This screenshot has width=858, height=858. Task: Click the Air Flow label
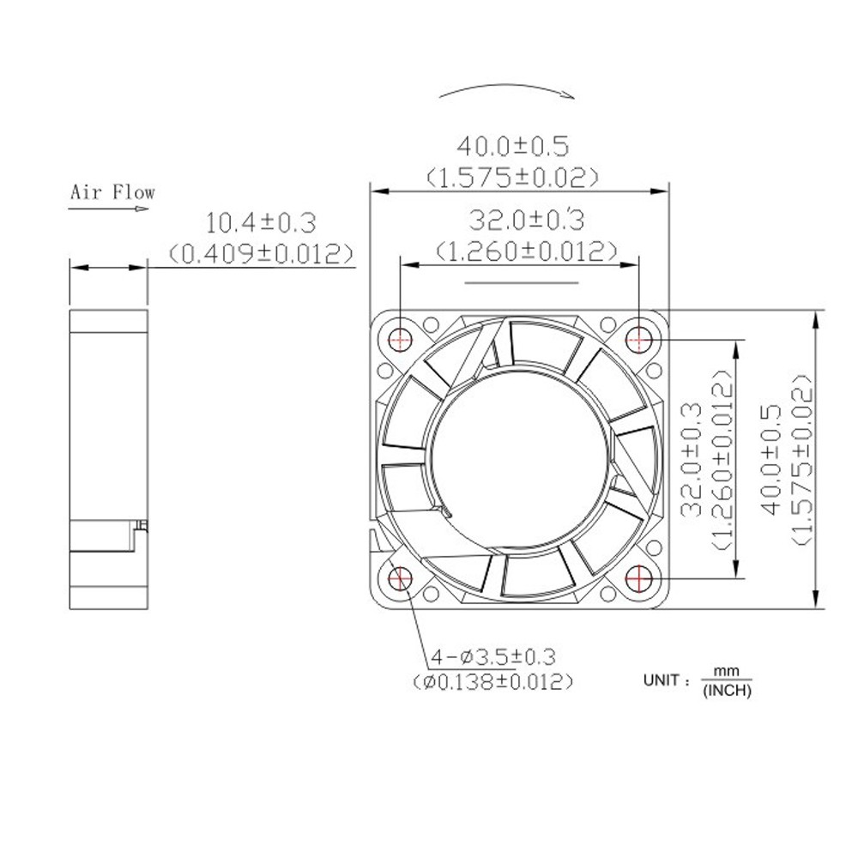click(x=112, y=191)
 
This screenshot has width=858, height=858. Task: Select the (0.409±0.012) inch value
click(x=262, y=253)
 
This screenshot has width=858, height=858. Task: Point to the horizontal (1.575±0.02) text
click(x=512, y=178)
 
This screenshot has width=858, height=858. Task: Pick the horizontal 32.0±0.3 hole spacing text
click(x=526, y=221)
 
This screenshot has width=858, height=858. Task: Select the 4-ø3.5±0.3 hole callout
click(x=494, y=657)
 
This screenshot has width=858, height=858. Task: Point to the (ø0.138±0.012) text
click(x=493, y=683)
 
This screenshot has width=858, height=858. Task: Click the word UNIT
click(x=664, y=680)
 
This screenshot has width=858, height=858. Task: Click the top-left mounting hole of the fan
click(x=400, y=339)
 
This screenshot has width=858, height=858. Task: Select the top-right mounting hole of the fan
click(x=639, y=339)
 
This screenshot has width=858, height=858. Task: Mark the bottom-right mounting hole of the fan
click(x=639, y=579)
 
